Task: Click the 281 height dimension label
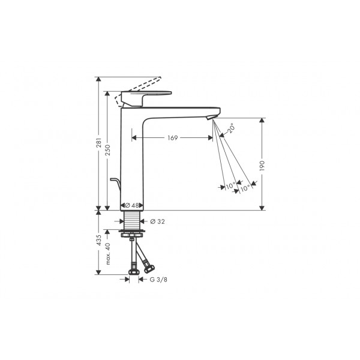[x=98, y=143]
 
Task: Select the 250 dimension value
[x=107, y=150]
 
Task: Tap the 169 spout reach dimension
[x=173, y=138]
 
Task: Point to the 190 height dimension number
[x=262, y=166]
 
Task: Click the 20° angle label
[x=230, y=128]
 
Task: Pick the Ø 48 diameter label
[x=132, y=205]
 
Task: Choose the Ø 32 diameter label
[x=157, y=221]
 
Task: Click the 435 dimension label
[x=99, y=240]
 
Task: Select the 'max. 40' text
[x=108, y=254]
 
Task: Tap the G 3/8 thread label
[x=158, y=280]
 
